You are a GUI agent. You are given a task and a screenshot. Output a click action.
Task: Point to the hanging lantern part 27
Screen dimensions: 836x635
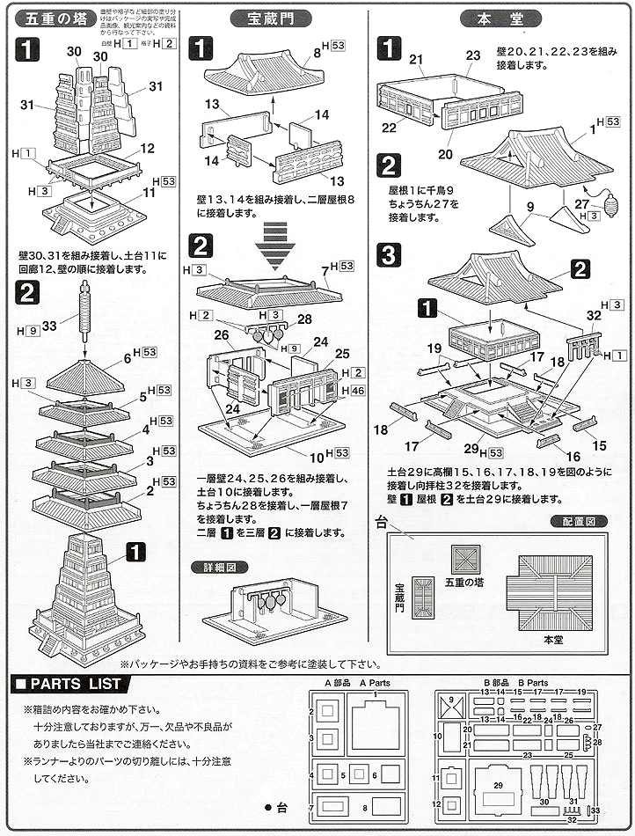(610, 209)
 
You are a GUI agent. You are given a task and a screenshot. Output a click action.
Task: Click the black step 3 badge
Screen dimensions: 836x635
(390, 257)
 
